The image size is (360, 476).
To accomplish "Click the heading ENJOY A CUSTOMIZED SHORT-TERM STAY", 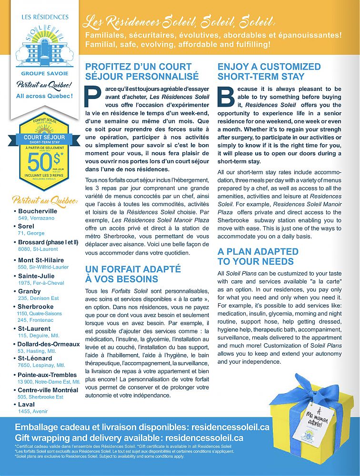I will [x=269, y=71].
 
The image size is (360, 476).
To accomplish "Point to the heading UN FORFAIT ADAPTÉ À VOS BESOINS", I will [x=133, y=274].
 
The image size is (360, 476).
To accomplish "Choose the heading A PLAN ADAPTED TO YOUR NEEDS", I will [x=258, y=256].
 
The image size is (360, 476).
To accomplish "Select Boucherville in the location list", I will [x=38, y=211].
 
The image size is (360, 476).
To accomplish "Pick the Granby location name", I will [x=30, y=291].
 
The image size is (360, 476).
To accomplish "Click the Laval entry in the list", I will [x=27, y=405].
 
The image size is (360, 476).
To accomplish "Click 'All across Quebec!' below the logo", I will [x=44, y=96].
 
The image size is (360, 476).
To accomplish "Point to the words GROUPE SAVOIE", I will [x=44, y=74].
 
